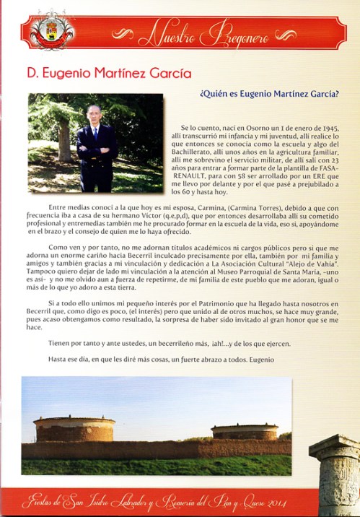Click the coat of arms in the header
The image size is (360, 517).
(51, 31)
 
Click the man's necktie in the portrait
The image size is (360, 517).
(95, 134)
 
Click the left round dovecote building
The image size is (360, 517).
(74, 430)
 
